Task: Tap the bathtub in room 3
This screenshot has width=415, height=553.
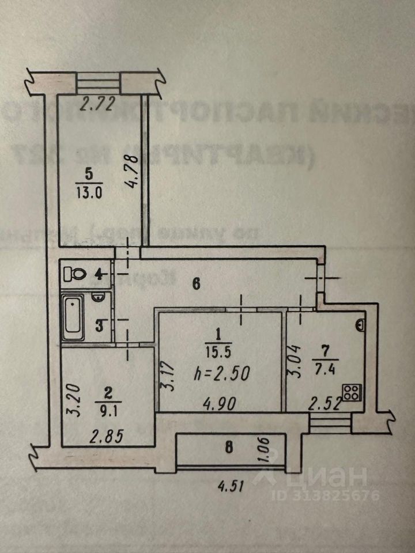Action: click(x=73, y=319)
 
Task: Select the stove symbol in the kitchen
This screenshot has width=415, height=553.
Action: click(x=351, y=394)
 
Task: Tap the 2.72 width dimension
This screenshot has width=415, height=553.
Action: click(x=95, y=105)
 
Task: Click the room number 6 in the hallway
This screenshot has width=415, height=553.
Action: click(x=195, y=283)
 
